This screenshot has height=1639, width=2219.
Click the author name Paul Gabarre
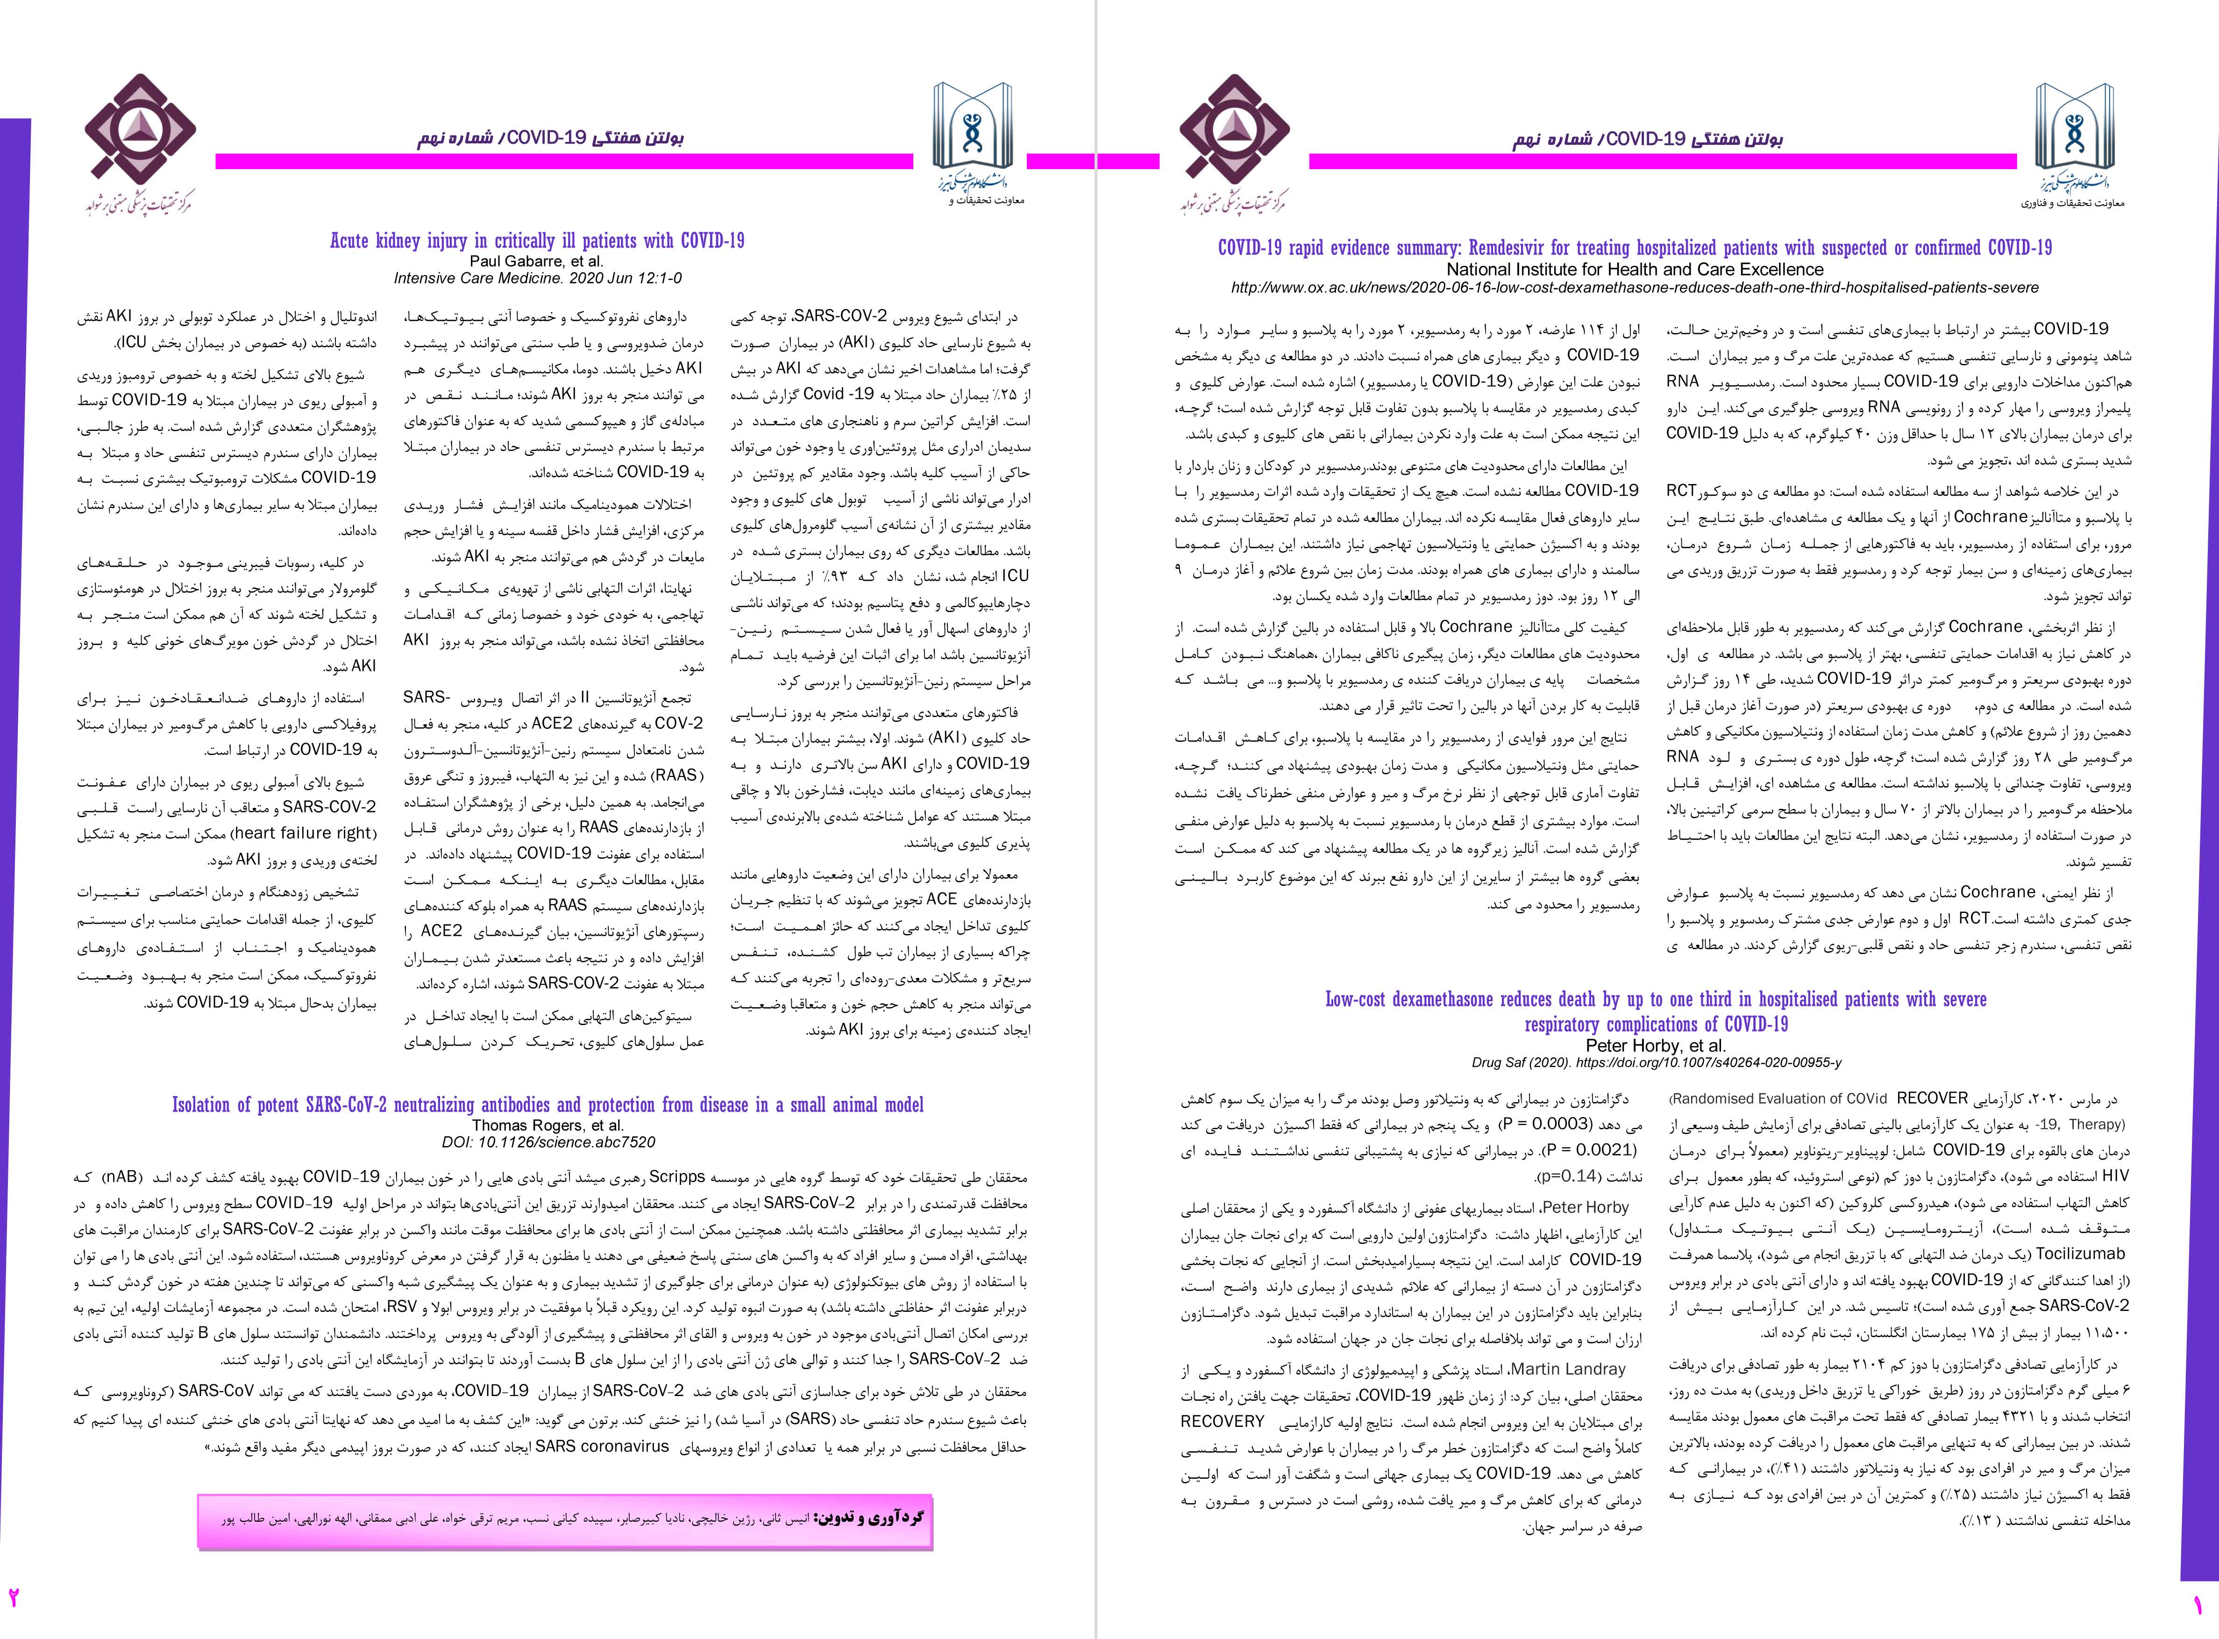(x=537, y=261)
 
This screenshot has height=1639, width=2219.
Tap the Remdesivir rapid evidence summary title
(x=1635, y=248)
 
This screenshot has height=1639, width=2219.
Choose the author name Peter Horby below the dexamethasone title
(x=1656, y=1046)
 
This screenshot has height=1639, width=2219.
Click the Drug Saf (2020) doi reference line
(x=1656, y=1062)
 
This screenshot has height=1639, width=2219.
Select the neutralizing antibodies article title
(x=548, y=1105)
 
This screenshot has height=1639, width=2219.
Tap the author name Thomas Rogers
(x=548, y=1125)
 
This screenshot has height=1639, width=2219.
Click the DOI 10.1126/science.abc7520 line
(x=548, y=1142)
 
